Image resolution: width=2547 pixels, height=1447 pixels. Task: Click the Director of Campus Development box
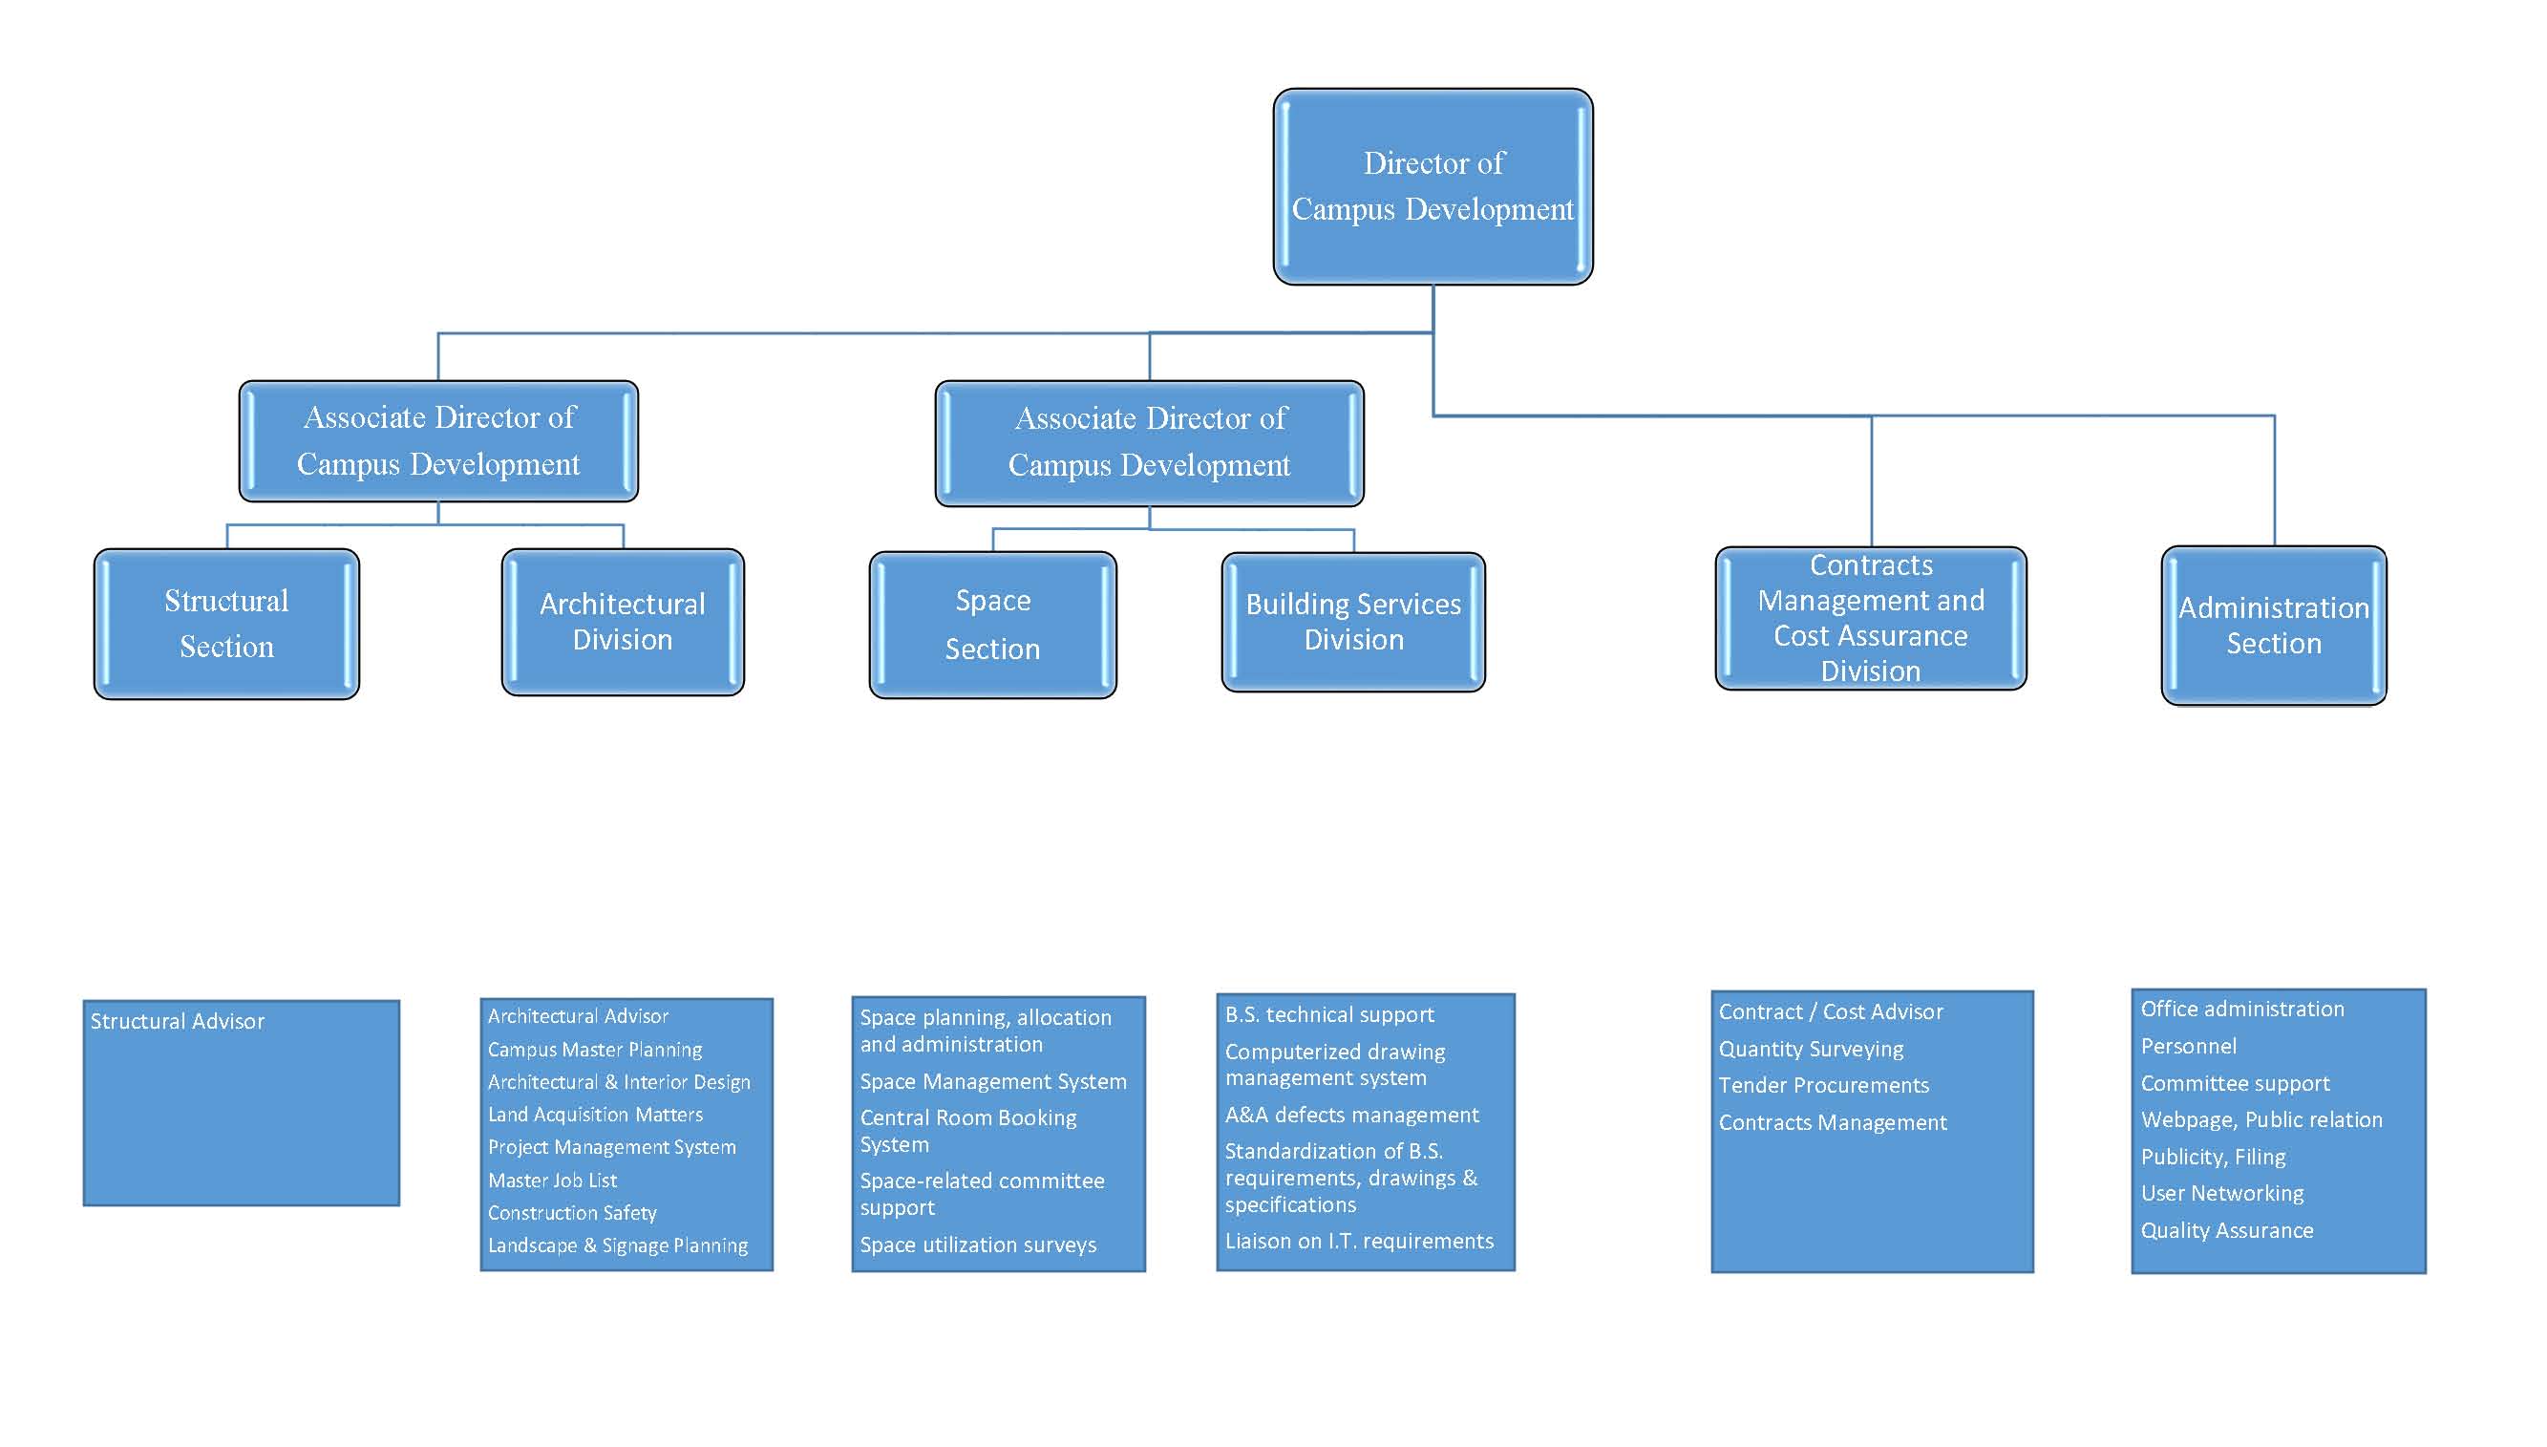tap(1433, 186)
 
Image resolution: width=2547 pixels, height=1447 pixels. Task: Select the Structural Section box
tap(226, 624)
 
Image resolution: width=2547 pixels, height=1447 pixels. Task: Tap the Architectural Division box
tap(623, 622)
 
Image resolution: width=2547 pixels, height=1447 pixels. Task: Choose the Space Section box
tap(992, 625)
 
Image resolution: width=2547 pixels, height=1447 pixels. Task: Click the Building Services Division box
tap(1353, 622)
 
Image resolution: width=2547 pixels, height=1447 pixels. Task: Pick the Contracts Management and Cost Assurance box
tap(1871, 618)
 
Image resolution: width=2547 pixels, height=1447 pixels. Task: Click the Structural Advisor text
tap(178, 1022)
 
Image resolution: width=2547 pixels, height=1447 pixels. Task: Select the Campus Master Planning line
tap(595, 1050)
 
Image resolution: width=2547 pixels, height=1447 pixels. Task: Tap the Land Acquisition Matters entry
tap(595, 1115)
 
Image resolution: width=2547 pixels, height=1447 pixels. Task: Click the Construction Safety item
tap(572, 1213)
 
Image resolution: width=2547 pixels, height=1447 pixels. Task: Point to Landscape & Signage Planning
tap(618, 1246)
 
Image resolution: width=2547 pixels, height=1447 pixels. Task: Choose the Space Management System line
tap(993, 1081)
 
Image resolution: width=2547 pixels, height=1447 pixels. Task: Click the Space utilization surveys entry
tap(979, 1245)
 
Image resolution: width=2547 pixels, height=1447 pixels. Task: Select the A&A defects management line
tap(1352, 1115)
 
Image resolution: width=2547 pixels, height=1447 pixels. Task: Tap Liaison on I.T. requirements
tap(1359, 1242)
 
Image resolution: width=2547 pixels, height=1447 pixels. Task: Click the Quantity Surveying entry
tap(1811, 1050)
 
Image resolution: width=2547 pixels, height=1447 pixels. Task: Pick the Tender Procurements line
tap(1824, 1085)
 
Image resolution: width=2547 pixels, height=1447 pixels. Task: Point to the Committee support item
tap(2235, 1083)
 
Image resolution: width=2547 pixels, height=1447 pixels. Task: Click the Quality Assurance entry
tap(2227, 1230)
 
